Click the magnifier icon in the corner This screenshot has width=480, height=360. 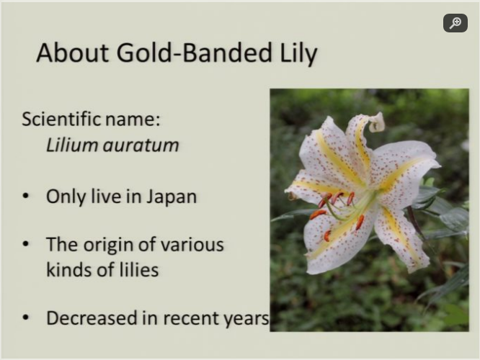[x=455, y=23]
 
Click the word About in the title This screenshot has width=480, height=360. [x=73, y=53]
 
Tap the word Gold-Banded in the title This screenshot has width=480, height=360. [x=194, y=53]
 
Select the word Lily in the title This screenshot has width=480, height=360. [x=298, y=54]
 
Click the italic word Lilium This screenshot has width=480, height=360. [x=72, y=145]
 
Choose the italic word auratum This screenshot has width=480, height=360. [x=141, y=145]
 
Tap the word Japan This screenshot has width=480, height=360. [x=171, y=197]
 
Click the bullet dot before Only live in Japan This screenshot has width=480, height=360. [x=26, y=196]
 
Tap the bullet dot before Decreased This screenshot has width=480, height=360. [x=26, y=318]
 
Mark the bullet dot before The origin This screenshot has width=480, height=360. [x=26, y=244]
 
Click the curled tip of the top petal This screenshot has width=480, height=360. [x=377, y=122]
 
